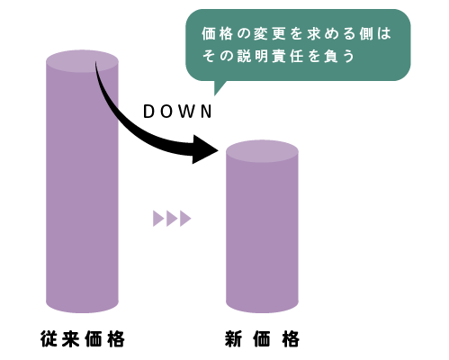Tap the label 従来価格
click(83, 339)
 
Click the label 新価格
click(262, 339)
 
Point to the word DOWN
click(177, 112)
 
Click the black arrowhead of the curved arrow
click(205, 149)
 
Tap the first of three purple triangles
click(158, 219)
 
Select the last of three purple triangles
click(185, 219)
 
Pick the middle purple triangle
click(172, 219)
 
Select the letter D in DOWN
click(148, 112)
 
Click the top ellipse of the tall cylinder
click(82, 61)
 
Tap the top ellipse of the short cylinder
click(262, 151)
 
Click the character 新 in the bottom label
click(233, 339)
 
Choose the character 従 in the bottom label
click(49, 339)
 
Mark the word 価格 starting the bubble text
click(217, 33)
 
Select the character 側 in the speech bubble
click(366, 33)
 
